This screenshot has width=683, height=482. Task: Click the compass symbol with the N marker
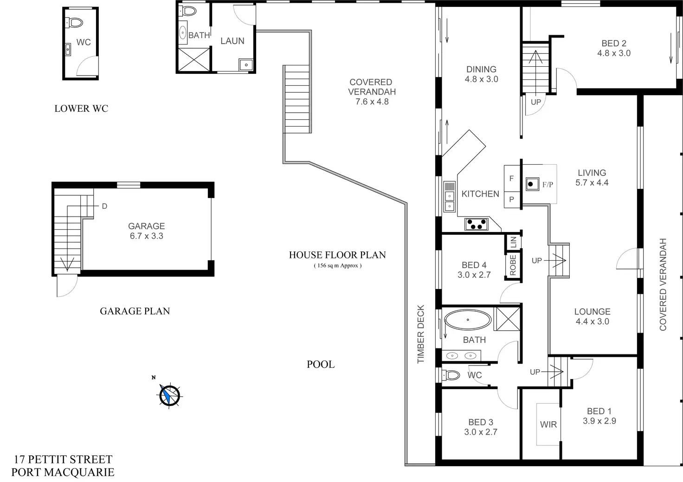tap(170, 395)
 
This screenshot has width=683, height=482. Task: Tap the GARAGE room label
tap(146, 226)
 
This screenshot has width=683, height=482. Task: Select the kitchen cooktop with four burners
tap(477, 224)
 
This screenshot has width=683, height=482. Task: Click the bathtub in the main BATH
tap(468, 320)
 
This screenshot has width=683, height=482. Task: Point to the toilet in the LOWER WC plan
tap(75, 22)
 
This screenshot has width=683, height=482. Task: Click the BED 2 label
tap(613, 43)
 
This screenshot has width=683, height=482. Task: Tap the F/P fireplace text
tap(548, 185)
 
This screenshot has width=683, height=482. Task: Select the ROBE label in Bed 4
tap(513, 265)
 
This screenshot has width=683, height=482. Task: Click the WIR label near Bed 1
tap(548, 424)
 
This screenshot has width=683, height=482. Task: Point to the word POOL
tap(321, 364)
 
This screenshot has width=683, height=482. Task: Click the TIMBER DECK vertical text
tap(421, 334)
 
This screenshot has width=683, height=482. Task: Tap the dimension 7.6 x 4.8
tap(372, 102)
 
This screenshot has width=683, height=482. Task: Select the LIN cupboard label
tap(513, 241)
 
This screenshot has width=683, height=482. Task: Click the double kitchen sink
tap(449, 197)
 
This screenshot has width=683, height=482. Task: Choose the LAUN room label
tap(232, 41)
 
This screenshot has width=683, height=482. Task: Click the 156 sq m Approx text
tap(337, 266)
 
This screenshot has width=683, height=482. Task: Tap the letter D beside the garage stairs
tap(104, 206)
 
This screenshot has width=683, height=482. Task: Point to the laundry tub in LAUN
tap(245, 64)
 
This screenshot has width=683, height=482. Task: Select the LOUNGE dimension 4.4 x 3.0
tap(592, 321)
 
